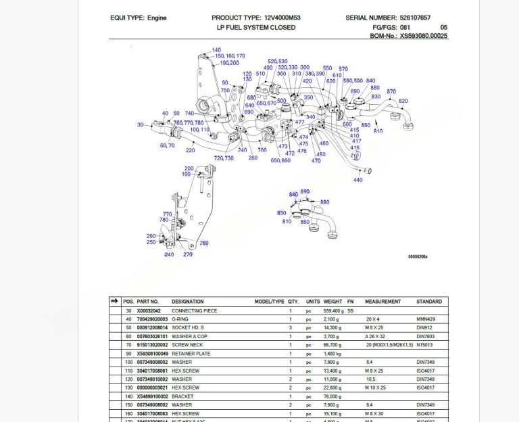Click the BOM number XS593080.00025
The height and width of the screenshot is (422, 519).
[423, 36]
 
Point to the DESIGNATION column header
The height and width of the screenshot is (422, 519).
[187, 302]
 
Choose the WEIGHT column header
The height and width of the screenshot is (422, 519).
[332, 302]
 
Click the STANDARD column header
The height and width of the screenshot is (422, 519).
[429, 302]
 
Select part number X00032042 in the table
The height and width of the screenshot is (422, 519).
[150, 310]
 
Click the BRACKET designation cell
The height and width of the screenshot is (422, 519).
[182, 396]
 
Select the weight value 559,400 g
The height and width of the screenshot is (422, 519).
[334, 310]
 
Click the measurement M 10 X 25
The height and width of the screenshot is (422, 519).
[376, 388]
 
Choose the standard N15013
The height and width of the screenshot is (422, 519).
[425, 345]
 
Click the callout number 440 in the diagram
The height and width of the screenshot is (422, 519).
[357, 180]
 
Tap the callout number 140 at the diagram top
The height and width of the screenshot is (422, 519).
[216, 51]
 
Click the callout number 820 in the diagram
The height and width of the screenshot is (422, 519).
[403, 101]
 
